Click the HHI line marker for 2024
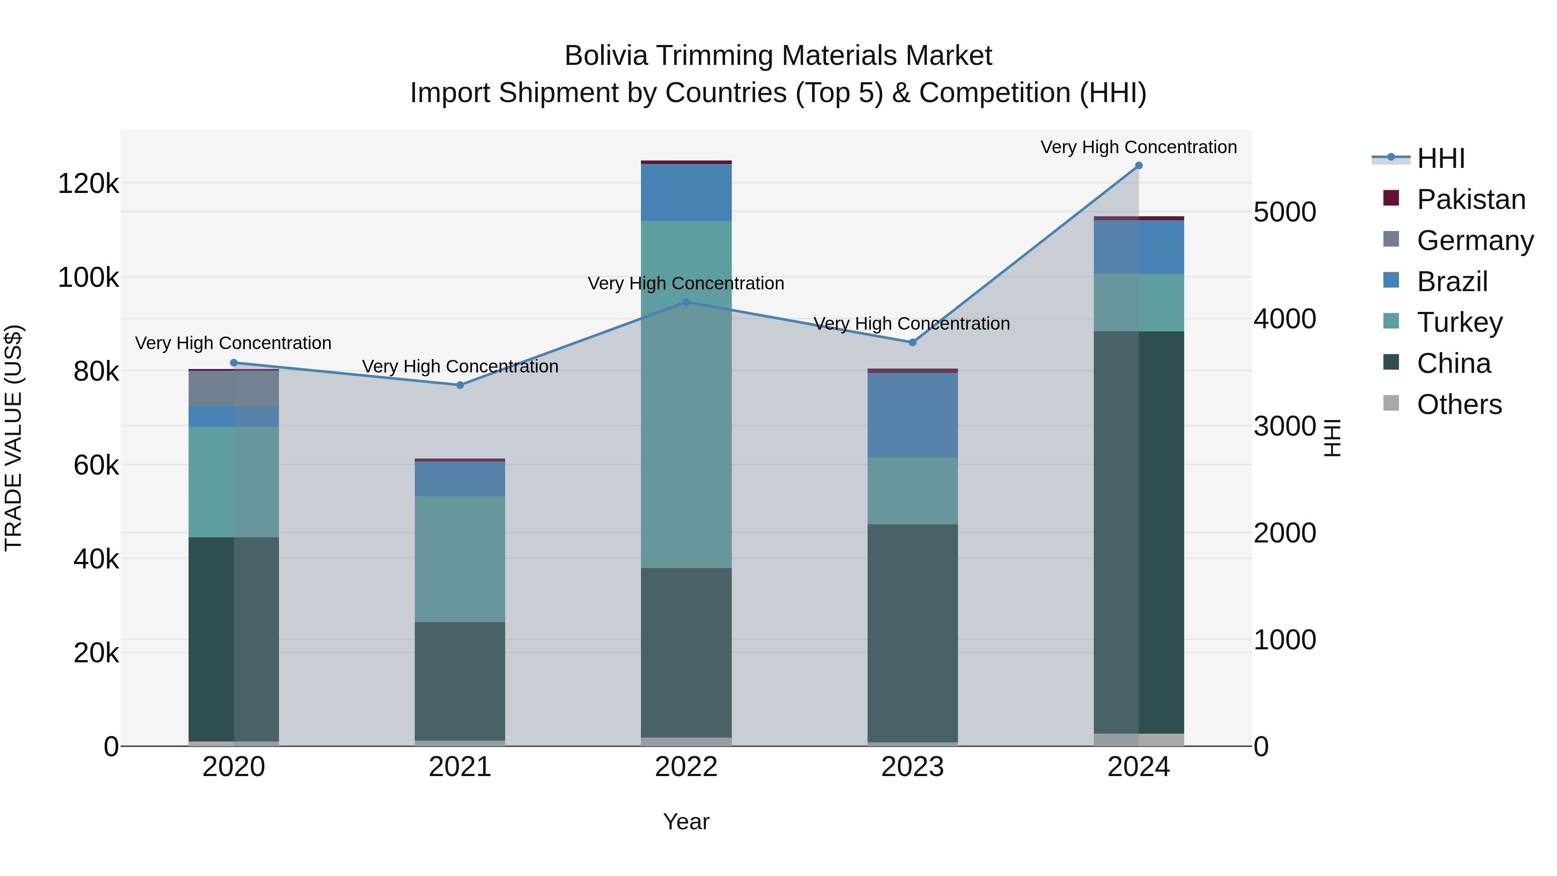click(x=1139, y=166)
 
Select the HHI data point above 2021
click(x=460, y=385)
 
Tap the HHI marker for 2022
click(x=686, y=302)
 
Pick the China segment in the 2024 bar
click(x=1139, y=532)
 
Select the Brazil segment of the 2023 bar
click(x=913, y=415)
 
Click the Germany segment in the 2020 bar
click(x=234, y=389)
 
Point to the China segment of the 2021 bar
click(x=460, y=681)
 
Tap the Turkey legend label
click(x=1459, y=322)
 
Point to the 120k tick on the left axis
click(x=88, y=183)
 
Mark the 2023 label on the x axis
click(x=913, y=767)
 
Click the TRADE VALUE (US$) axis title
click(x=14, y=438)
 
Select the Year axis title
click(x=686, y=821)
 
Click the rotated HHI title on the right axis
click(x=1332, y=438)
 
